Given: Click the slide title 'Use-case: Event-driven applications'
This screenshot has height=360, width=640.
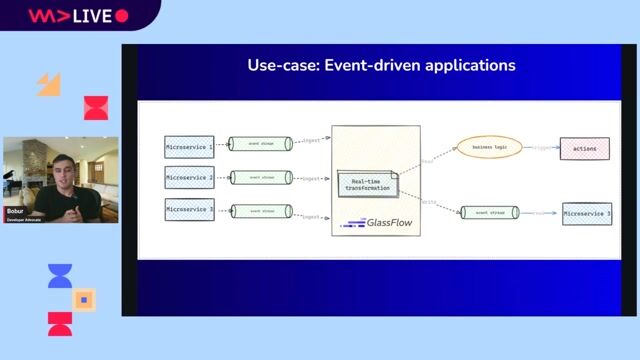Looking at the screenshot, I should (x=381, y=66).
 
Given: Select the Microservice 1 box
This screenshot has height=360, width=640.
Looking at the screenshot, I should (x=189, y=146).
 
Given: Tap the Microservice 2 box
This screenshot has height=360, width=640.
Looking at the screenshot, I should (x=189, y=178).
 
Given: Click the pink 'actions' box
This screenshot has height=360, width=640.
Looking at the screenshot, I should (x=585, y=149).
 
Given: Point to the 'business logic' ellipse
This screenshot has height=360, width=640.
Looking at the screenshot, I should (x=489, y=147).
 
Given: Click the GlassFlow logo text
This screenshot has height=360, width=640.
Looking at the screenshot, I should (x=371, y=222).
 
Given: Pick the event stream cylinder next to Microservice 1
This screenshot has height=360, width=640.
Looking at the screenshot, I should (x=260, y=144).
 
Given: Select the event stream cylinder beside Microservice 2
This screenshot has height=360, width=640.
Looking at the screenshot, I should (x=260, y=178).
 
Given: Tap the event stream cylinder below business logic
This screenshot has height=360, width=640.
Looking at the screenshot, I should (x=490, y=212).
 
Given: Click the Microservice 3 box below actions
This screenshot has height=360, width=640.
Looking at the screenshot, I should (x=587, y=214).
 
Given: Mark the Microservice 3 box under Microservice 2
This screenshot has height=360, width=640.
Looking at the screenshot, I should (x=189, y=210).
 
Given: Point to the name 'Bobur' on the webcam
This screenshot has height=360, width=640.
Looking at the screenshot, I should (x=15, y=212).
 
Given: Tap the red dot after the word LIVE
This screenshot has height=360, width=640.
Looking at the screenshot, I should (x=122, y=16).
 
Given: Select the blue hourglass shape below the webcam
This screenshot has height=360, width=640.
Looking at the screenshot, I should (x=60, y=276).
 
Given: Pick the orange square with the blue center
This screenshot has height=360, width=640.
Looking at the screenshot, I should (x=85, y=298).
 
